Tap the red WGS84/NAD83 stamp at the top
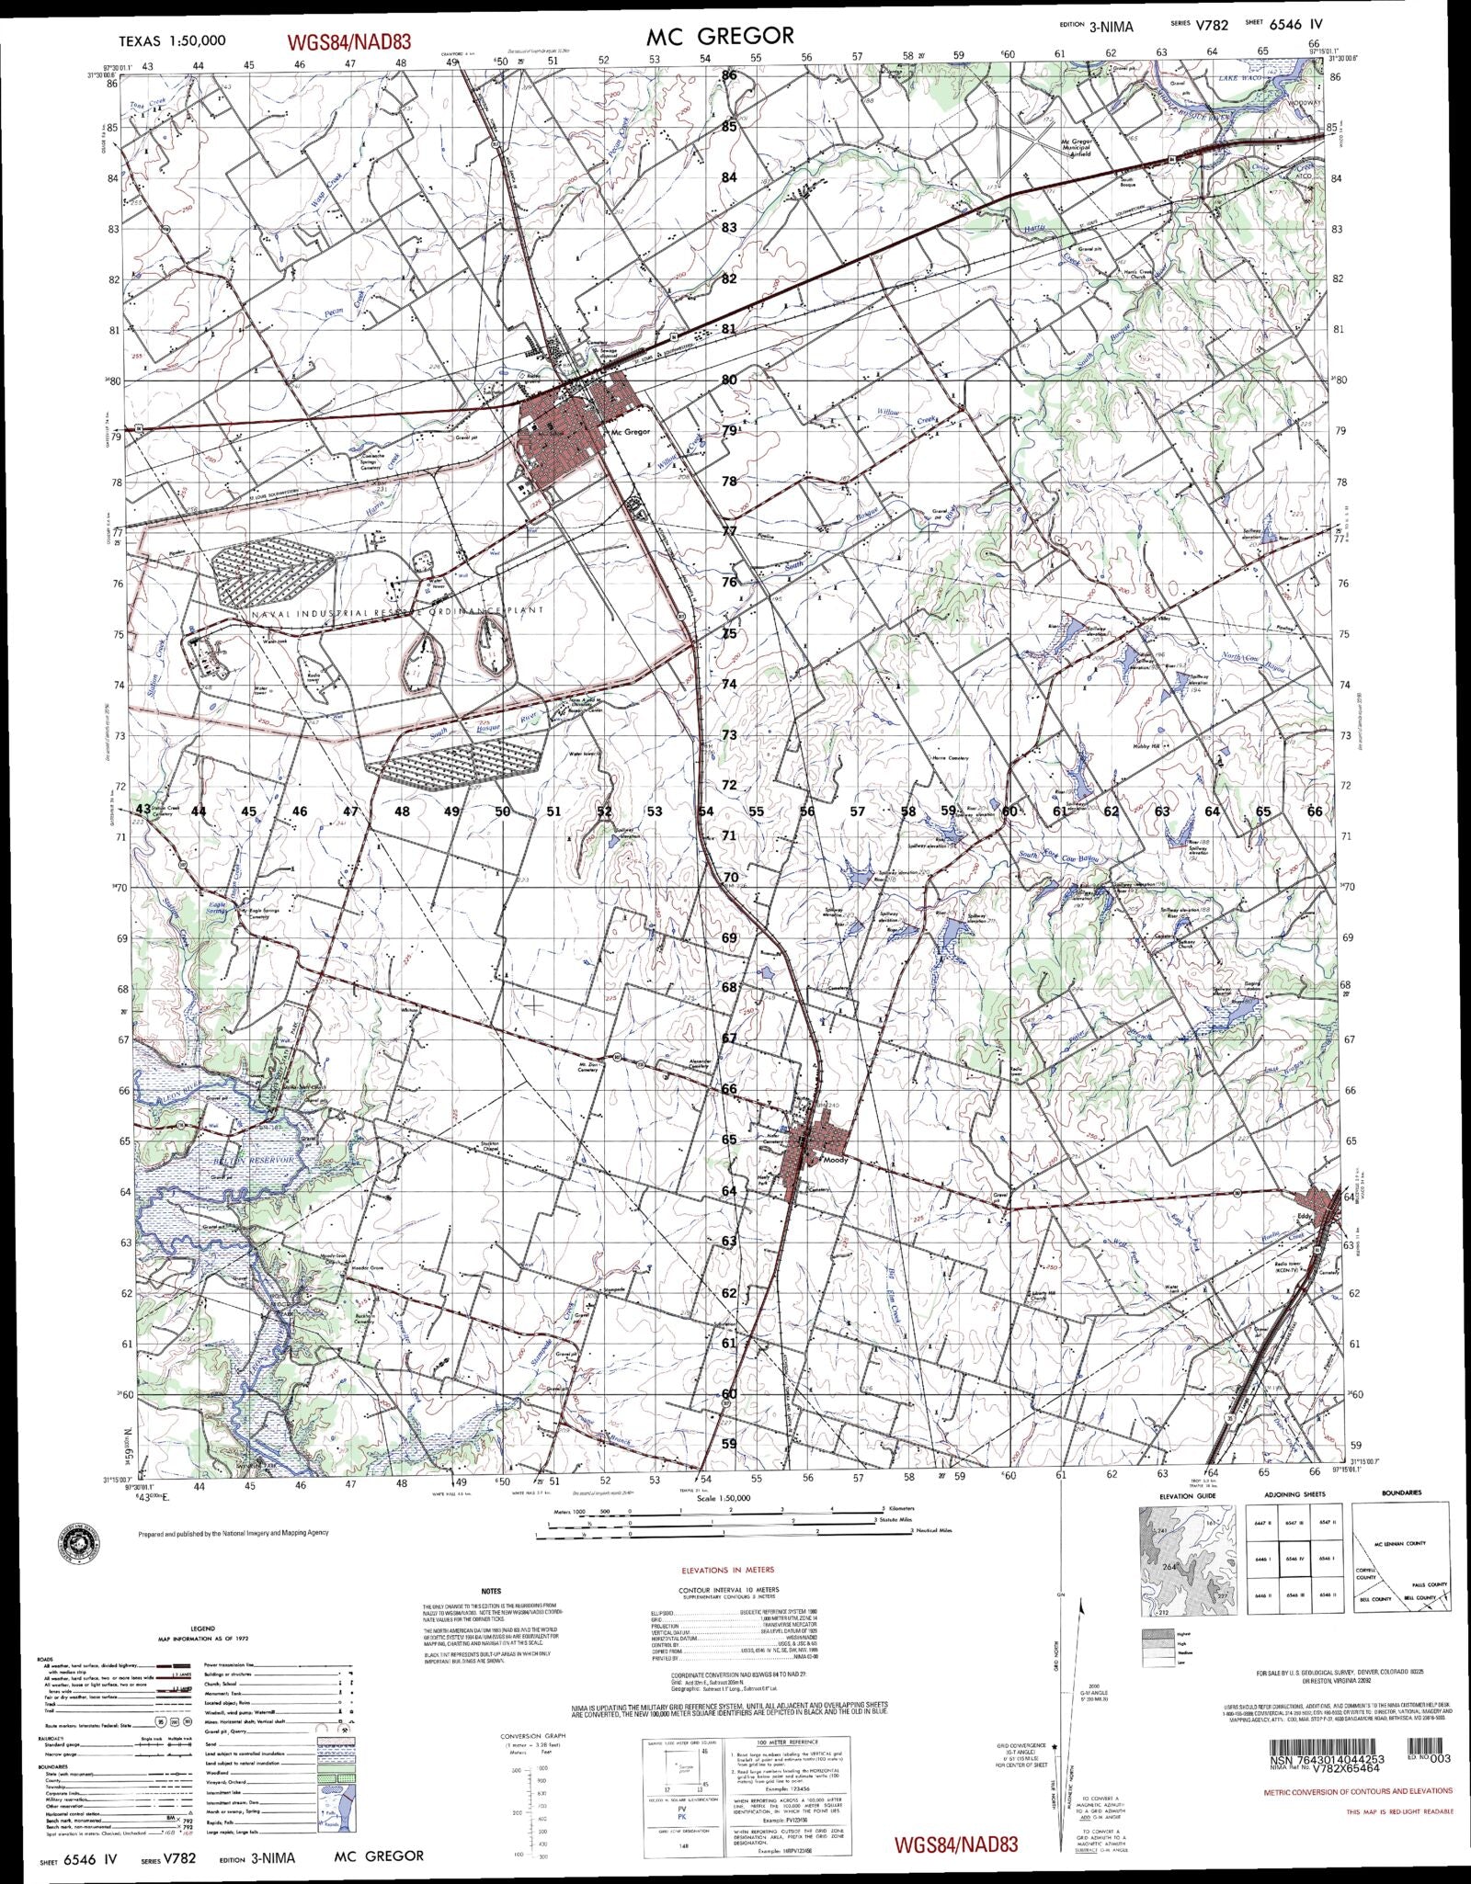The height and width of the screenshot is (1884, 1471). [348, 41]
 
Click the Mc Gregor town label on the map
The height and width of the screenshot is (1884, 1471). [631, 431]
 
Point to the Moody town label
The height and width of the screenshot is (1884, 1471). [835, 1160]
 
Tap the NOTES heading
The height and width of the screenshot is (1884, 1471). [492, 1591]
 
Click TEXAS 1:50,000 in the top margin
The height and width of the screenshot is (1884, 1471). [173, 41]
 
